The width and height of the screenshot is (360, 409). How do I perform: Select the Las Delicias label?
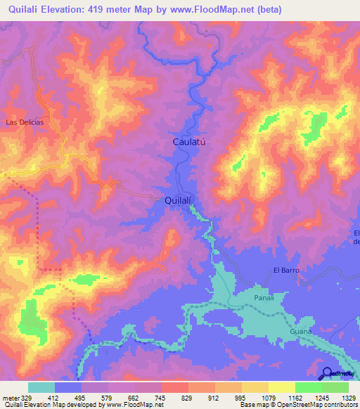(25, 122)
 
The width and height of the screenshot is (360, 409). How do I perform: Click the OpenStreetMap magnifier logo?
(327, 373)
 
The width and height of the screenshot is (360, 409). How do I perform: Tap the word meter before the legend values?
(10, 397)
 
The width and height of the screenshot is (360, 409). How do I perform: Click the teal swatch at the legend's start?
(41, 387)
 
